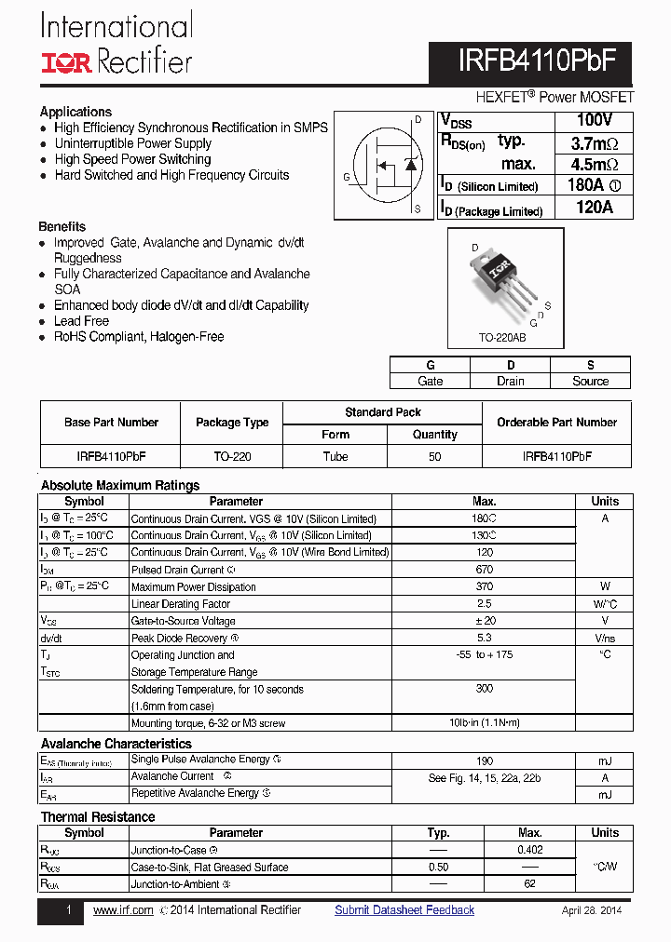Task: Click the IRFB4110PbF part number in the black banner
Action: coord(537,61)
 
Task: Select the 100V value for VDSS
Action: coord(594,121)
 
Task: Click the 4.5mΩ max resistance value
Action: coord(594,165)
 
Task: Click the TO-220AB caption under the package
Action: coord(501,338)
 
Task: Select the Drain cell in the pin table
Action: coord(510,381)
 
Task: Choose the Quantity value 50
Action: coord(435,457)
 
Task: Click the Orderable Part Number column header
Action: coord(556,423)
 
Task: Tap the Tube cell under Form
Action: coord(335,457)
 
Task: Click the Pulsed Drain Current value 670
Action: coord(484,570)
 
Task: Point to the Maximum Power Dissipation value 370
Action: coord(484,586)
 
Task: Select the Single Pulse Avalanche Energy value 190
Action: coord(484,760)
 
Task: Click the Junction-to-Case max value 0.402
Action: coord(529,850)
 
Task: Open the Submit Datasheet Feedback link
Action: coord(404,910)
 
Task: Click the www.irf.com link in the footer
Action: coord(123,910)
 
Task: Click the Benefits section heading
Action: coord(62,226)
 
